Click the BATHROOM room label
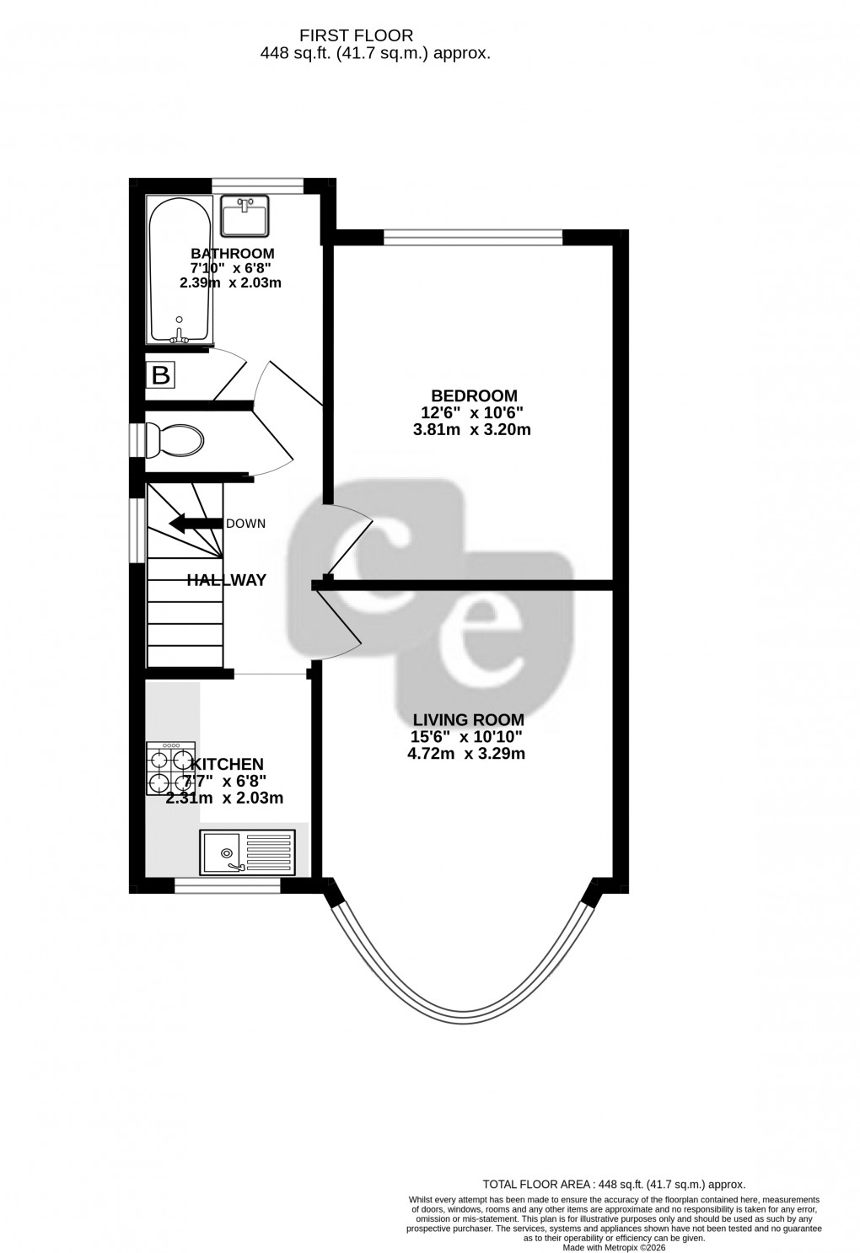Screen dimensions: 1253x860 point(232,254)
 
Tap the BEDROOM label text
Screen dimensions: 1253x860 point(474,395)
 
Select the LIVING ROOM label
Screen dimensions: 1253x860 point(468,720)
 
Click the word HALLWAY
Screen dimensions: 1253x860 point(226,580)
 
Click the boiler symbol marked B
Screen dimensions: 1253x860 point(160,374)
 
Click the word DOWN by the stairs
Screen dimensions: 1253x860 point(245,524)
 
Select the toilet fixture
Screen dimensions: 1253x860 point(174,439)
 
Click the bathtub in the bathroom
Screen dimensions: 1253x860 point(178,270)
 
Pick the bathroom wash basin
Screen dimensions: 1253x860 point(244,216)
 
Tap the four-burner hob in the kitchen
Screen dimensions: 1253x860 point(170,769)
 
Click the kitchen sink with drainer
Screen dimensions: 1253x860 point(248,852)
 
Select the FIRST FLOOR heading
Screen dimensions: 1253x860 point(357,35)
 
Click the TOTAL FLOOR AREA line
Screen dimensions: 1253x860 point(613,1185)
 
